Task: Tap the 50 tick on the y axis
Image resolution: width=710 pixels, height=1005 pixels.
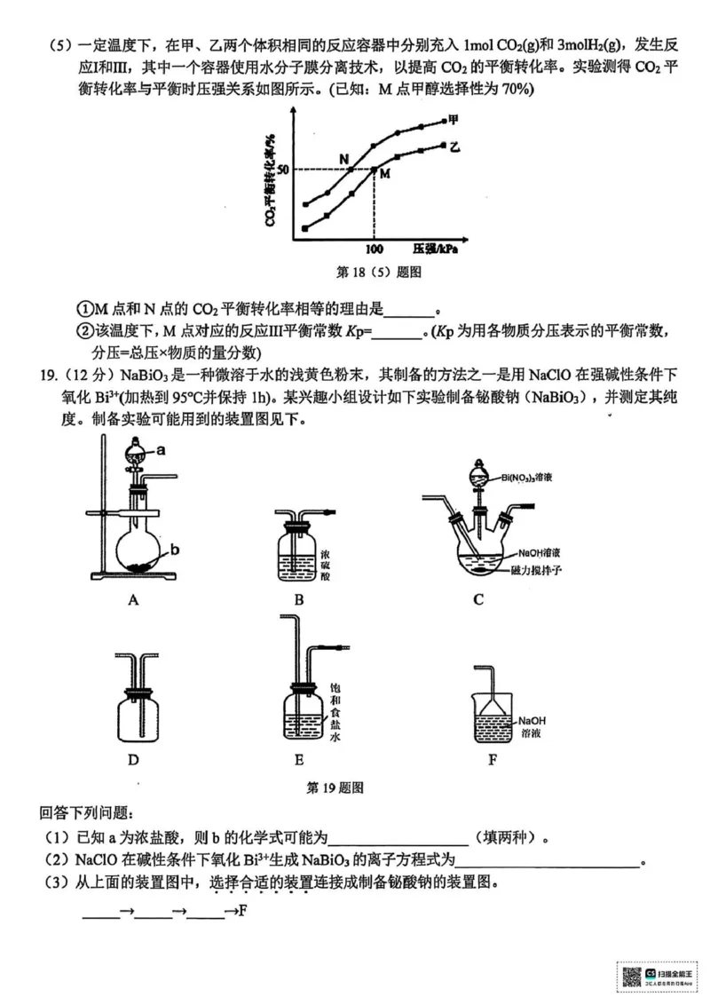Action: click(282, 170)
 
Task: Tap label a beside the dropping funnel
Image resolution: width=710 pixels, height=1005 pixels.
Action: click(161, 450)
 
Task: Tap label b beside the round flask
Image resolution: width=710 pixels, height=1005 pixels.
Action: click(175, 550)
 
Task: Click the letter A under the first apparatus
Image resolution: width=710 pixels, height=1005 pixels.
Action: click(133, 599)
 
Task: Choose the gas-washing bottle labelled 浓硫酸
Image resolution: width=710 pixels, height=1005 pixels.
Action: click(298, 550)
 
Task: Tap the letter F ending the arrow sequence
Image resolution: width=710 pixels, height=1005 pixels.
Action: click(241, 911)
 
